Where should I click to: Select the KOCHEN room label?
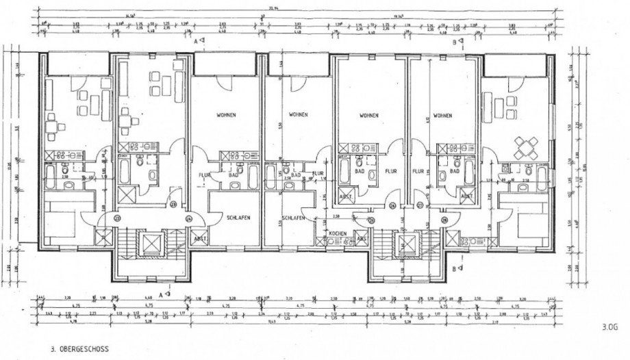tap(336, 234)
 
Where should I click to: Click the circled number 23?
tap(173, 204)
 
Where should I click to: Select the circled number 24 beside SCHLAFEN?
tap(188, 218)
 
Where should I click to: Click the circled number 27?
tap(418, 205)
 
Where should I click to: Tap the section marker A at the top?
tap(198, 42)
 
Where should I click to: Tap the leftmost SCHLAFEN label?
tap(234, 216)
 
